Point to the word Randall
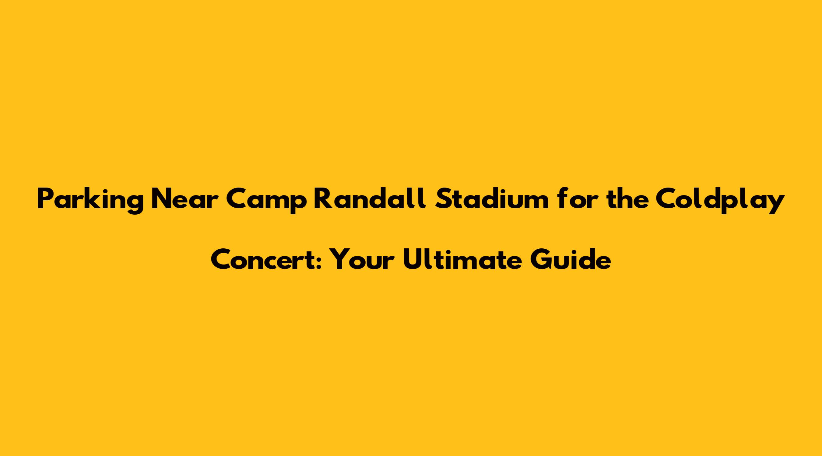(371, 198)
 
